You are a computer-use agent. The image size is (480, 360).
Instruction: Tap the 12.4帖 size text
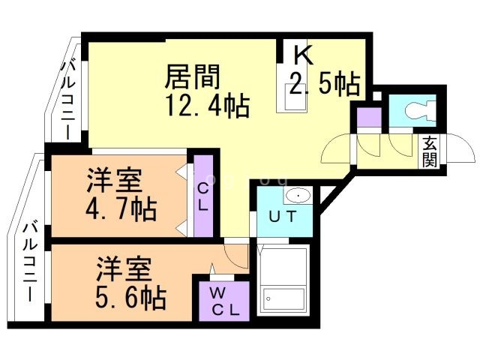[207, 104]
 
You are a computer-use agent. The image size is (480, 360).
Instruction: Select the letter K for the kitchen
[301, 55]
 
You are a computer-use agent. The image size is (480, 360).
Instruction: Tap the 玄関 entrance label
[429, 151]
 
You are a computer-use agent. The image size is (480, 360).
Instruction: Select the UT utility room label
[283, 217]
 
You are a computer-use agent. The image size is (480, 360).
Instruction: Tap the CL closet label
[202, 195]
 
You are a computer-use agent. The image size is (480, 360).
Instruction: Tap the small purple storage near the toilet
[368, 117]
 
